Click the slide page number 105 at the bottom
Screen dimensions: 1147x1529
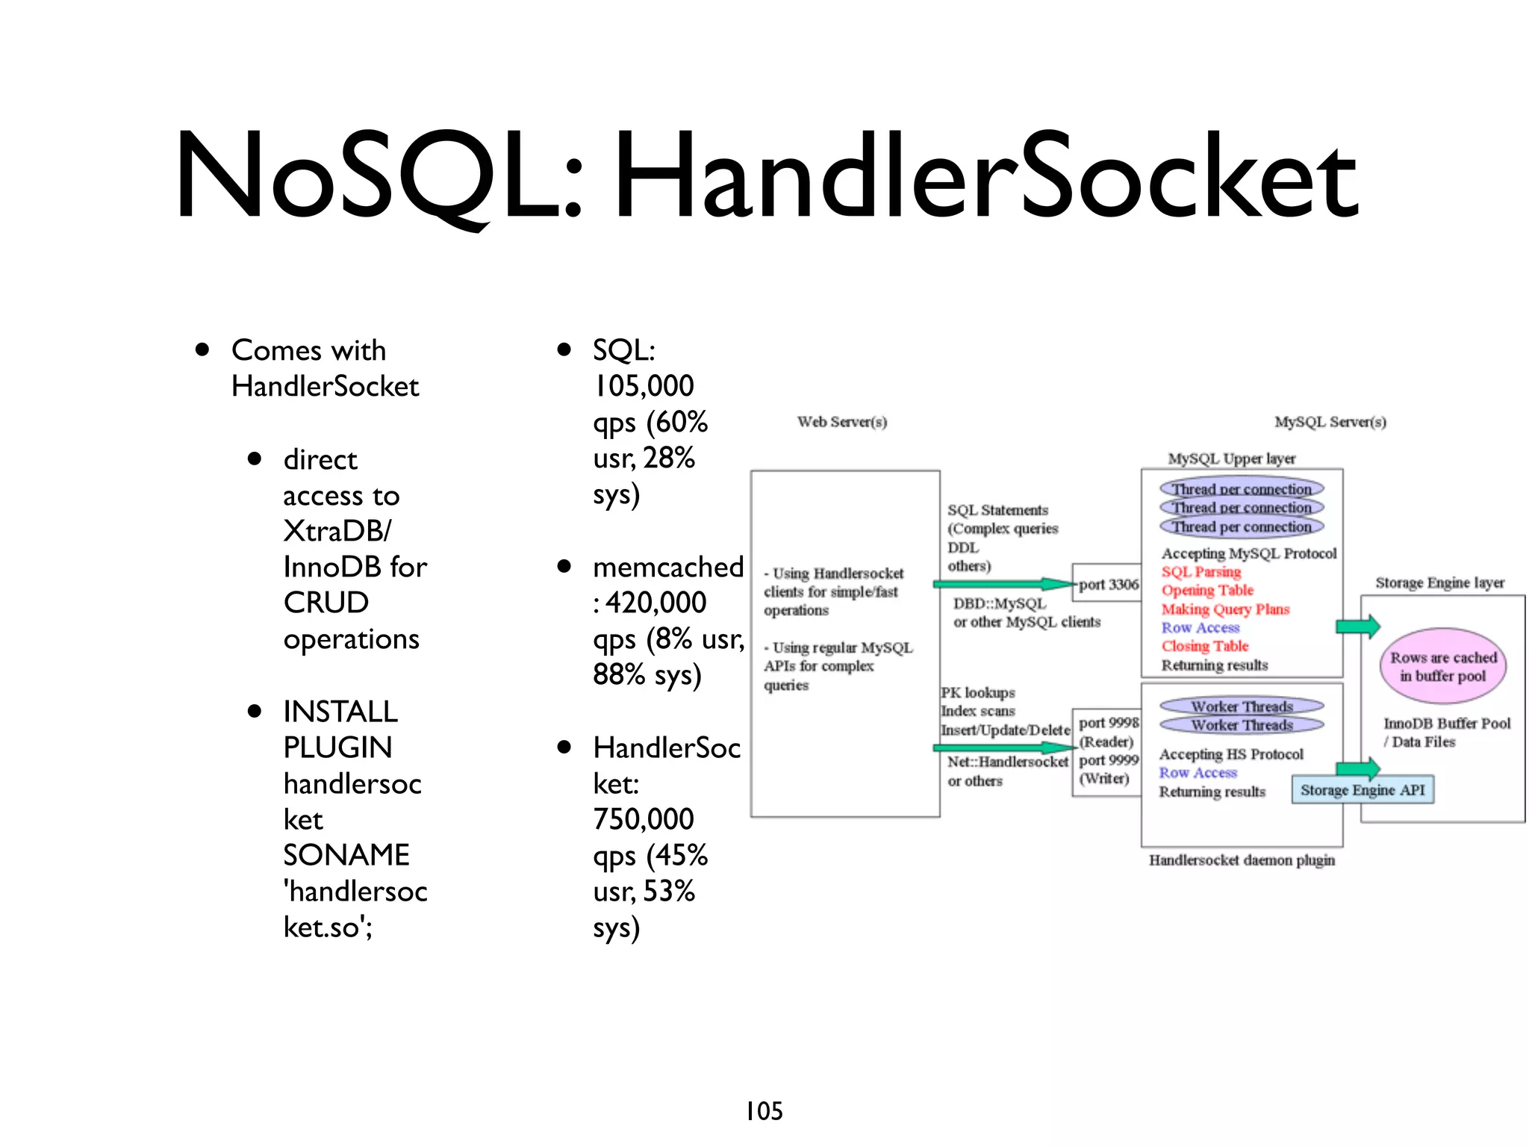[x=764, y=1111]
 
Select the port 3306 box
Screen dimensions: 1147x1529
[x=1107, y=584]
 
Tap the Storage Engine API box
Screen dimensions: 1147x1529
[x=1363, y=790]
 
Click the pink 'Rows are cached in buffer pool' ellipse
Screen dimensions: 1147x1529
[x=1442, y=666]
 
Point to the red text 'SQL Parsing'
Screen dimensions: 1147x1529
[x=1201, y=572]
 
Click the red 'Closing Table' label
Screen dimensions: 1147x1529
[x=1204, y=646]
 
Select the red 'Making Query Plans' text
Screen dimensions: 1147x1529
[x=1225, y=609]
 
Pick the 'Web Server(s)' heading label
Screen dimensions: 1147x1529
[x=841, y=422]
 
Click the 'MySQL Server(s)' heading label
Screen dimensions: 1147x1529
[x=1330, y=422]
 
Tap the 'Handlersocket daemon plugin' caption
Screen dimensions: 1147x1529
[x=1242, y=860]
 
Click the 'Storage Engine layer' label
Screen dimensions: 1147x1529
[x=1439, y=582]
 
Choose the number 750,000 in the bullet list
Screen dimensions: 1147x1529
[x=644, y=819]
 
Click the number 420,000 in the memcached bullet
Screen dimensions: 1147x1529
[x=655, y=603]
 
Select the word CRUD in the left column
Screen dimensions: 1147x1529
[x=326, y=603]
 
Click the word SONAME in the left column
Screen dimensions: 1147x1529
[x=346, y=855]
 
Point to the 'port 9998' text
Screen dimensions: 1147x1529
[x=1109, y=722]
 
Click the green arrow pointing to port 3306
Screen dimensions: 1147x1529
[x=1003, y=584]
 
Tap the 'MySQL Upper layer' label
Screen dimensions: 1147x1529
[x=1231, y=459]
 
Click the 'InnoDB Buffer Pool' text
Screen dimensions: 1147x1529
[x=1446, y=723]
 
